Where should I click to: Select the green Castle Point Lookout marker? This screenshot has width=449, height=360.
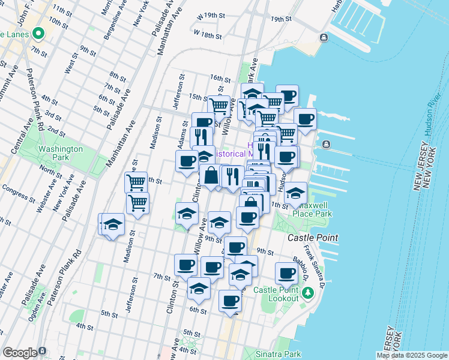[x=308, y=293]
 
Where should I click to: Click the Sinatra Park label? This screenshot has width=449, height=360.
[x=278, y=354]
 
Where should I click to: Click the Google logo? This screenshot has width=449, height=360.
[x=20, y=353]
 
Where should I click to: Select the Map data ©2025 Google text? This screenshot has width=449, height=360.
[x=412, y=355]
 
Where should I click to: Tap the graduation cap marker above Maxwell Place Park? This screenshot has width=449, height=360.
[x=295, y=193]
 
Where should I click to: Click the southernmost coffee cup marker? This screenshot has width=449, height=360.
[x=230, y=301]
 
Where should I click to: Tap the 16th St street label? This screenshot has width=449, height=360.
[x=220, y=79]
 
